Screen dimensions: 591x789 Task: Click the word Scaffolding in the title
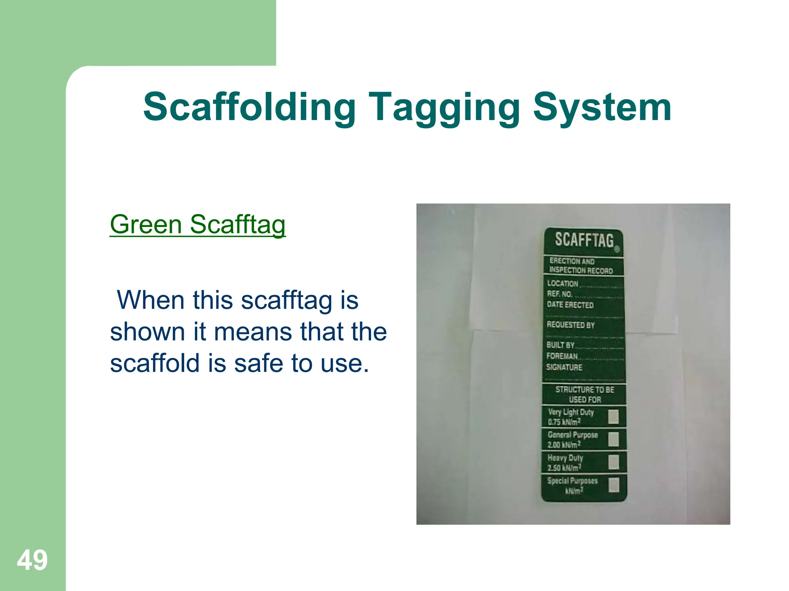pos(249,107)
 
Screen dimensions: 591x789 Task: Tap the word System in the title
pos(602,107)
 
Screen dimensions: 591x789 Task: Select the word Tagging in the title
pos(444,107)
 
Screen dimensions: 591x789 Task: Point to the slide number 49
pos(32,560)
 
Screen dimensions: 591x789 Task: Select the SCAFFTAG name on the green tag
pos(584,240)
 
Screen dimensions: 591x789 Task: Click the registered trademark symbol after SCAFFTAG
pos(616,249)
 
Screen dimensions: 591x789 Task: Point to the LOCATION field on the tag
pos(563,284)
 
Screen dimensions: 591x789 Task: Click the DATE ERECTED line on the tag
pos(570,305)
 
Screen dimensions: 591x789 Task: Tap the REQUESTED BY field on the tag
pos(571,325)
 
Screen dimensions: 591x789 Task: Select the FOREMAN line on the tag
pos(562,356)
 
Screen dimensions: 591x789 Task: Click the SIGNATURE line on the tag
pos(564,367)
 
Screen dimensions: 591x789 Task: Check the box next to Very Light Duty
pos(613,416)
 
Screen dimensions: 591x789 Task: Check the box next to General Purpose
pos(613,439)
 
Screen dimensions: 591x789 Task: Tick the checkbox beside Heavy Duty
pos(613,462)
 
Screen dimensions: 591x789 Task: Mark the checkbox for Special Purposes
pos(613,485)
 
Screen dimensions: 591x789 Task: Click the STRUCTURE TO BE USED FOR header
pos(584,394)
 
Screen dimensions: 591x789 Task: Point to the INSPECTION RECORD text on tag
pos(581,270)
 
